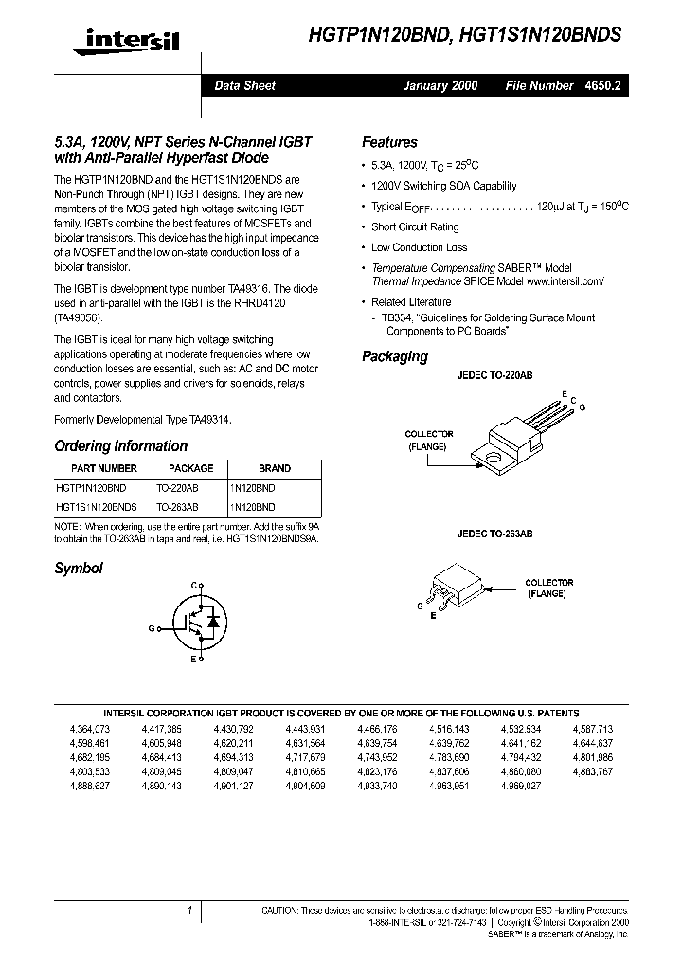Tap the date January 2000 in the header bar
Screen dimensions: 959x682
coord(440,86)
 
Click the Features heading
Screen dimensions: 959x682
coord(389,142)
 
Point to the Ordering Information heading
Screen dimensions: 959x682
coord(120,446)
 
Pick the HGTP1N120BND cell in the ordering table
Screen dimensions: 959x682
coord(91,487)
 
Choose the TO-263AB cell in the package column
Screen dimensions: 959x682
coord(177,507)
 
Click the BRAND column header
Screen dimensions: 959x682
coord(275,468)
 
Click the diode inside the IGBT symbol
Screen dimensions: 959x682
coord(214,622)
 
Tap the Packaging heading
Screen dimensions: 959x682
coord(394,356)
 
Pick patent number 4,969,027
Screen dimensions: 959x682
coord(520,787)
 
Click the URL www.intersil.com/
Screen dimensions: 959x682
coord(565,281)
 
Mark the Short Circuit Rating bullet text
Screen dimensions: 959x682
coord(415,227)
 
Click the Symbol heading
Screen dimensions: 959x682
coord(79,569)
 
